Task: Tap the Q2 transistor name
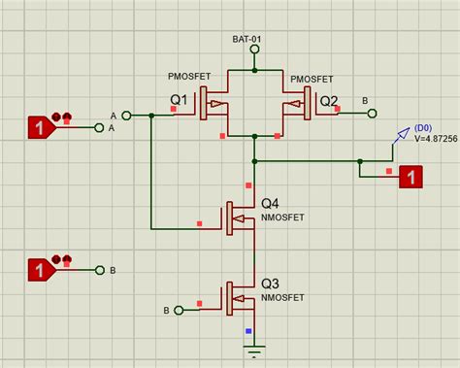[330, 101]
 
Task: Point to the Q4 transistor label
[270, 204]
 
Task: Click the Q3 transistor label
[270, 283]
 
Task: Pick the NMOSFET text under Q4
[281, 218]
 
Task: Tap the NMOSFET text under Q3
[281, 297]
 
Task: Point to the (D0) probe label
[423, 127]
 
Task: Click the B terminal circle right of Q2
[373, 113]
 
